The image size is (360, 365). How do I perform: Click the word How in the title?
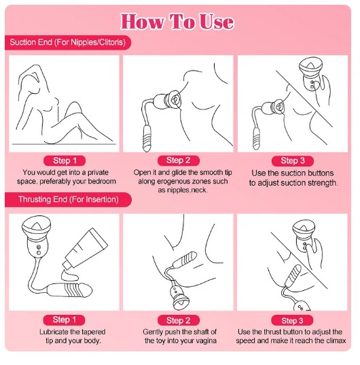[x=142, y=22]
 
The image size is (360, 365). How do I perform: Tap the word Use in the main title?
[x=216, y=22]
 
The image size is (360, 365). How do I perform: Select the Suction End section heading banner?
[x=68, y=42]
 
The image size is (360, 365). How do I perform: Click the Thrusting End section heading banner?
[x=68, y=200]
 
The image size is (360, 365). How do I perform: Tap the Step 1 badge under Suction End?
[x=65, y=160]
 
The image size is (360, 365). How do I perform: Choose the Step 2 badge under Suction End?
[x=179, y=160]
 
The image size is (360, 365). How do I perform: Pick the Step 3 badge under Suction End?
[x=293, y=160]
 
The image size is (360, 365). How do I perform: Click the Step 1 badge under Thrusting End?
[x=64, y=320]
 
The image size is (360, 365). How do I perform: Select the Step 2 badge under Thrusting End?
[x=179, y=320]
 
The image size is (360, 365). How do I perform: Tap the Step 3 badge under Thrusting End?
[x=292, y=320]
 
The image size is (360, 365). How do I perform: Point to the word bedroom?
[x=101, y=181]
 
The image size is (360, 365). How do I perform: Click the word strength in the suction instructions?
[x=323, y=183]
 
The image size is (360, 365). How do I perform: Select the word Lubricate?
[x=54, y=332]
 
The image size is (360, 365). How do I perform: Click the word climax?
[x=336, y=341]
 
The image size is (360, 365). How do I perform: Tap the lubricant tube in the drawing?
[x=86, y=248]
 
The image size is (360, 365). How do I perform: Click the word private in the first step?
[x=98, y=173]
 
